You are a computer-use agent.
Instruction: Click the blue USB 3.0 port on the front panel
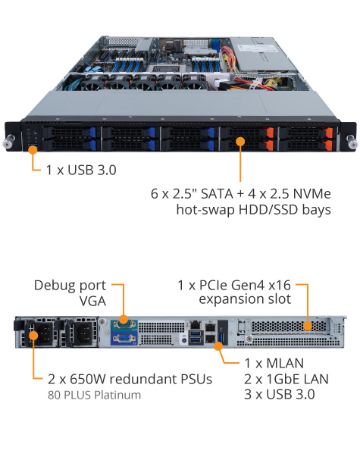pos(33,145)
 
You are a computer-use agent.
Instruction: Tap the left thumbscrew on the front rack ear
pos(8,141)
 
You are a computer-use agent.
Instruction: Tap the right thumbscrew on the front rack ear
pos(352,141)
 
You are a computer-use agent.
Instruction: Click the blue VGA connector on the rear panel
pos(124,339)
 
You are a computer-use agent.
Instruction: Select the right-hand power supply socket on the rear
pos(83,333)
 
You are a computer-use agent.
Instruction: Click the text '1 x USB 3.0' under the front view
pos(81,170)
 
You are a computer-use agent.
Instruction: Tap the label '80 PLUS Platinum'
pos(94,396)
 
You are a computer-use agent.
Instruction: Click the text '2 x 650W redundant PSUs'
pos(130,379)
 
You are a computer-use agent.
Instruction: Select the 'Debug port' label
pos(70,286)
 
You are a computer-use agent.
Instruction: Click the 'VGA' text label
pos(92,302)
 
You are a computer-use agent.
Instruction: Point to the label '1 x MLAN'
pos(274,363)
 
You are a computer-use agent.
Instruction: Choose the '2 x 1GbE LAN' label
pos(286,379)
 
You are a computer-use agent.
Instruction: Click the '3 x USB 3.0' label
pos(280,395)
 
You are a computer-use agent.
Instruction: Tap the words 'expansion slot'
pos(245,299)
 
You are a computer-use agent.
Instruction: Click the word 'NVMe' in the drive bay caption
pos(311,194)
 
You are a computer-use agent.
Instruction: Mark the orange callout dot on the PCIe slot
pos(307,327)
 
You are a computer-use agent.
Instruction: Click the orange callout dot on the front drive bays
pos(240,141)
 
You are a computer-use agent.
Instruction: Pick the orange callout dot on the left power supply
pos(33,336)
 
